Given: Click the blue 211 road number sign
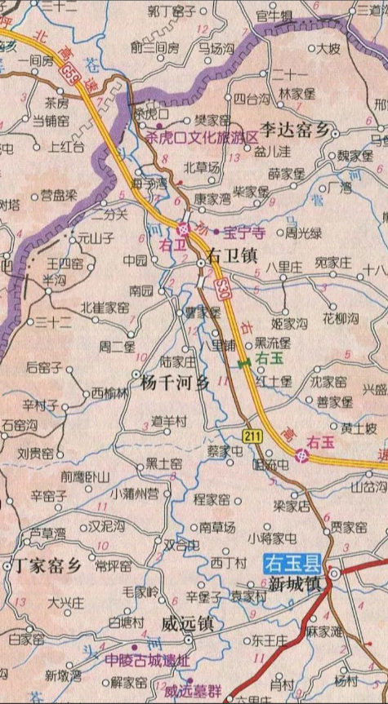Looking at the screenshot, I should (252, 436).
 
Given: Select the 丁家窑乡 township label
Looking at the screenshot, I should (46, 566).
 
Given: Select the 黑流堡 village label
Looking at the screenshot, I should (272, 343).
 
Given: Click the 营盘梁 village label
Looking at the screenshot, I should (59, 195).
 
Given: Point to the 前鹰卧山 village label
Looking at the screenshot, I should (85, 476).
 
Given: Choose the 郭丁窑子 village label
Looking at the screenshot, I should (172, 11).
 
